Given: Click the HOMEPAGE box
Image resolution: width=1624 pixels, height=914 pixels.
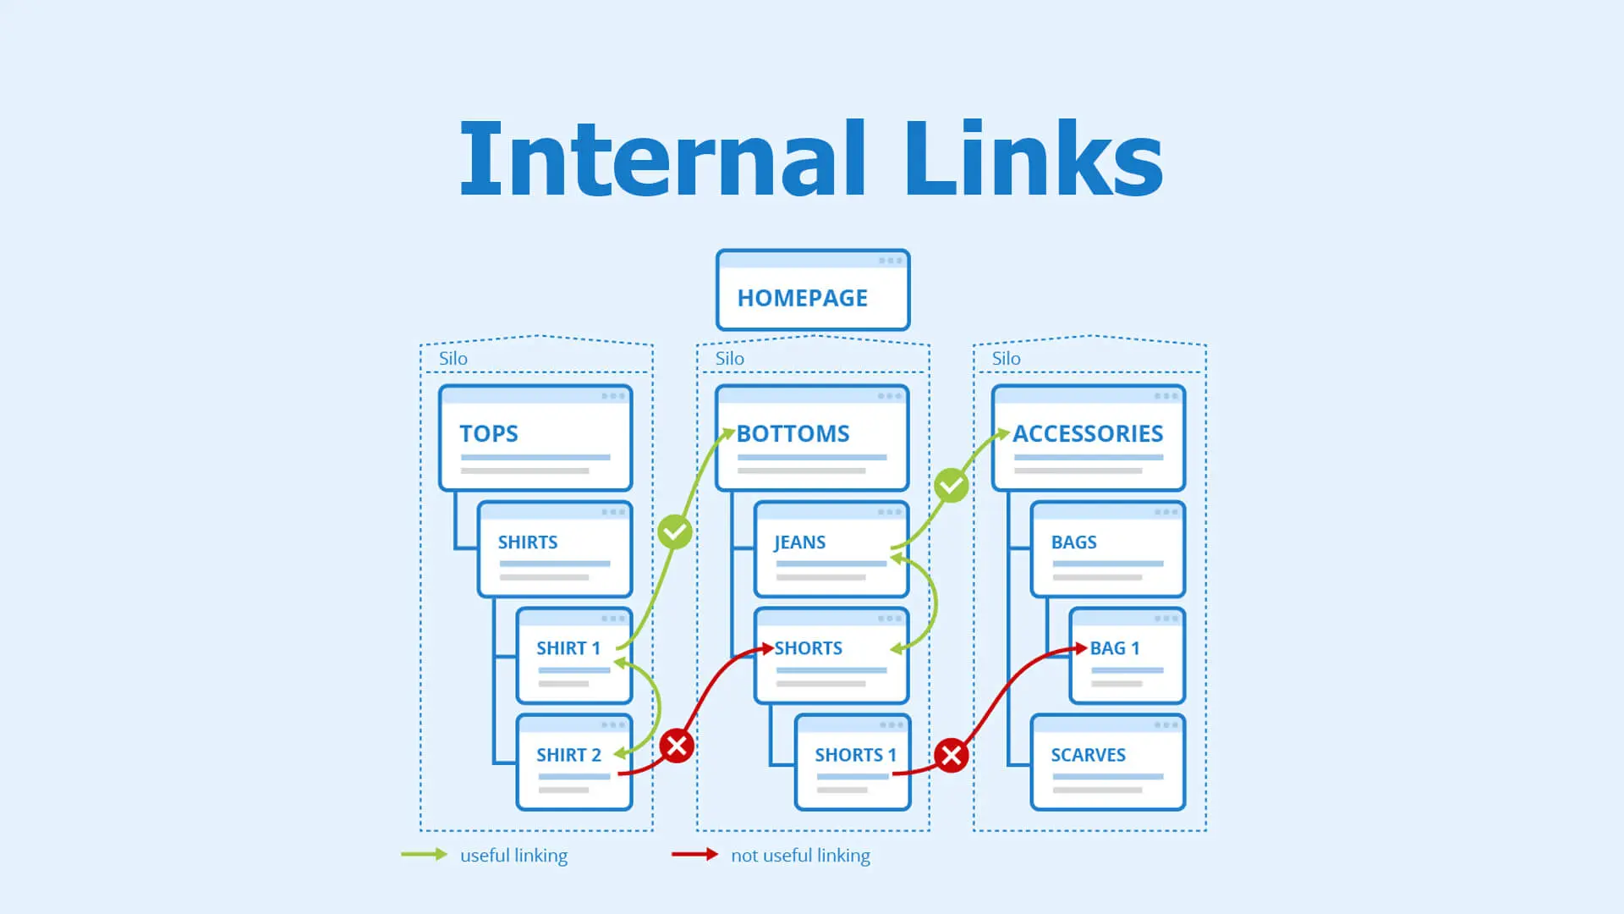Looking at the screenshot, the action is click(x=812, y=290).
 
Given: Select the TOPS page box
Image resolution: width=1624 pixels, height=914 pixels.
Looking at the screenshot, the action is click(x=535, y=438).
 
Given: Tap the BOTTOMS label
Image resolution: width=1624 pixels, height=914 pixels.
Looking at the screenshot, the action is click(x=793, y=433).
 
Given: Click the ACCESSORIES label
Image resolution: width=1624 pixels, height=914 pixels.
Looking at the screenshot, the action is click(x=1088, y=433).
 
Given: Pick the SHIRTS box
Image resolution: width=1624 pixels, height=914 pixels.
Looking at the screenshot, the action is click(x=554, y=549).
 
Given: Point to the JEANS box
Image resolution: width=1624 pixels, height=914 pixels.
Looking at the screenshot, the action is click(x=831, y=549).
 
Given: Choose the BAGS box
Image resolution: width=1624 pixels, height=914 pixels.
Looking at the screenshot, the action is click(x=1107, y=549).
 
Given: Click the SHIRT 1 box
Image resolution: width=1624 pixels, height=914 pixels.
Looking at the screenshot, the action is click(x=573, y=656).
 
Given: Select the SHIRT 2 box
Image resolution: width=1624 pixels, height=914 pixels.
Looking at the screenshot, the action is click(x=573, y=763).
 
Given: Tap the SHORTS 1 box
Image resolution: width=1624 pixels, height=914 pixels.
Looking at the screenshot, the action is click(x=852, y=763).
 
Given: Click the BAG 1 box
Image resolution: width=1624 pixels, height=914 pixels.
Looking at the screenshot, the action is click(x=1127, y=656).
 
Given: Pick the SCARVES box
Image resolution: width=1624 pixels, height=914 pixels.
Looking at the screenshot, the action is click(x=1107, y=763).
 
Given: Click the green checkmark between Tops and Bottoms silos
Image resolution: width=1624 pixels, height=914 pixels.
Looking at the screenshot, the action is click(x=675, y=532).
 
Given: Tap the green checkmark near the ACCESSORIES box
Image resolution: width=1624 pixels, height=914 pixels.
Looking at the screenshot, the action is click(x=951, y=486).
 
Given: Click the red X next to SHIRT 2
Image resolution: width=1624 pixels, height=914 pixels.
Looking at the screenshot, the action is click(x=677, y=746).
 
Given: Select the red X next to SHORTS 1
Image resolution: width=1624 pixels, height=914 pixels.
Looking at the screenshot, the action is click(x=951, y=755).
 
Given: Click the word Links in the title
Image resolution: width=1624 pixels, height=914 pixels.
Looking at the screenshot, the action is click(x=1034, y=159).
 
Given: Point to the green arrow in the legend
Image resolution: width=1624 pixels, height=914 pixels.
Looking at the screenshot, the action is click(x=424, y=855).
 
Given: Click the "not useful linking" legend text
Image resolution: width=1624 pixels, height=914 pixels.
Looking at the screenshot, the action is click(x=800, y=856).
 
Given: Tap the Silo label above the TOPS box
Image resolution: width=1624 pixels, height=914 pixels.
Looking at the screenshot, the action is click(x=453, y=359).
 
